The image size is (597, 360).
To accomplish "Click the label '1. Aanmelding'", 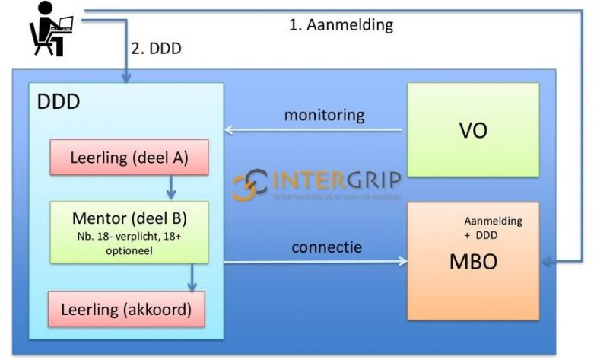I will [x=341, y=24].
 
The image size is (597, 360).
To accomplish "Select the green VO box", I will [x=473, y=129].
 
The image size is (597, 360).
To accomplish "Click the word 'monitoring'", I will [x=324, y=115].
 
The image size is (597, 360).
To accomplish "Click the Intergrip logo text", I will [x=335, y=183].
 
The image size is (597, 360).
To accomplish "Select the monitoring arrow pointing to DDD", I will [x=312, y=130].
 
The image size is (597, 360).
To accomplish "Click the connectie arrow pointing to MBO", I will [x=312, y=263].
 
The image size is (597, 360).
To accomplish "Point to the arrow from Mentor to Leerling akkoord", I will [x=192, y=277].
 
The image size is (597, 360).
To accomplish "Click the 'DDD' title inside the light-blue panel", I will [x=59, y=101].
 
